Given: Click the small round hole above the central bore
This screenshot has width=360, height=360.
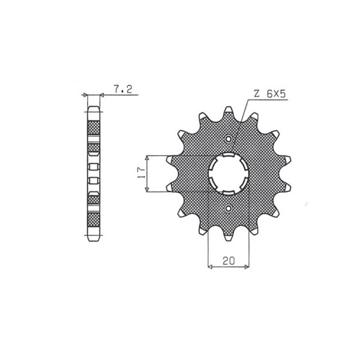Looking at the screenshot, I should (x=229, y=140).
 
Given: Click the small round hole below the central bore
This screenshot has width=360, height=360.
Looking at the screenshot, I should (x=229, y=208).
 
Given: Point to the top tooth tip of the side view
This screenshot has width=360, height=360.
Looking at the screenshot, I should (x=95, y=110).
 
